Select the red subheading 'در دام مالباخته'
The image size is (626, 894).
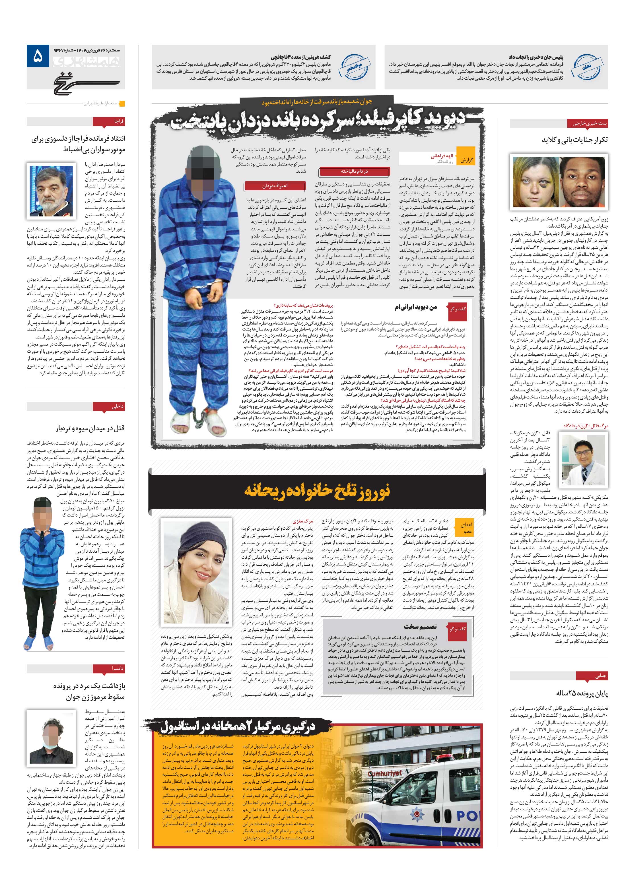(354, 171)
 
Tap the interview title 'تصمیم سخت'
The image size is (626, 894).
(420, 627)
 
